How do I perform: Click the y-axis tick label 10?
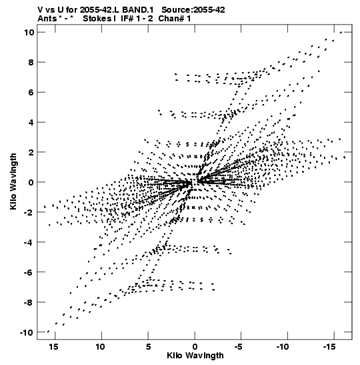[29, 32]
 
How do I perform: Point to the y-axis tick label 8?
[31, 62]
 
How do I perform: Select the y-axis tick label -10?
[27, 332]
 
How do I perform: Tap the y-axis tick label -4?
[29, 242]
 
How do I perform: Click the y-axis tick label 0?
[31, 182]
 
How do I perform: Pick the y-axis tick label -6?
[29, 272]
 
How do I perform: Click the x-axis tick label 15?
[53, 347]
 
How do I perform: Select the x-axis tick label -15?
[329, 347]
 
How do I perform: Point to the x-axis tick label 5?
[149, 347]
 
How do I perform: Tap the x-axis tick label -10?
[283, 347]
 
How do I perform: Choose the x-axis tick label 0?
[195, 347]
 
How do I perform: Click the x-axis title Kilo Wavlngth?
[195, 356]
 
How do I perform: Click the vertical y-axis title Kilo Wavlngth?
[13, 181]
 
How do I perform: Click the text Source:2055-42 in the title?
[193, 10]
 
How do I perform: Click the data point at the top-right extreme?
[341, 32]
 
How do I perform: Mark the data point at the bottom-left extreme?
[48, 332]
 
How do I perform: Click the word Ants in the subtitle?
[47, 19]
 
